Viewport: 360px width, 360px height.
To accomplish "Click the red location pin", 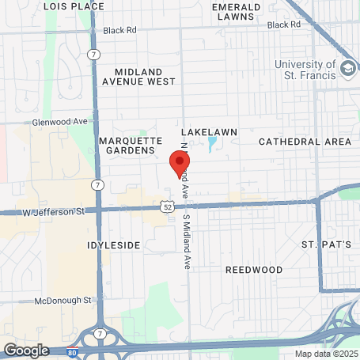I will coord(180,164).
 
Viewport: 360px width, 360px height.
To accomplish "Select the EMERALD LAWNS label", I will coord(236,12).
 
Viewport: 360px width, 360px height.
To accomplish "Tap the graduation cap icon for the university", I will coord(347,70).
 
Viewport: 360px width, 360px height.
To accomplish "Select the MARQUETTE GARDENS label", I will coord(127,146).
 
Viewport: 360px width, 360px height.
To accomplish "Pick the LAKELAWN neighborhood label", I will coord(210,131).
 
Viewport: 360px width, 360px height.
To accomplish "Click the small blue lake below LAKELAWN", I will coord(211,145).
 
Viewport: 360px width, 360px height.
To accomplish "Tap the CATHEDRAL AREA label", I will coord(305,142).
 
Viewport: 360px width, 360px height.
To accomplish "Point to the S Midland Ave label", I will coord(188,241).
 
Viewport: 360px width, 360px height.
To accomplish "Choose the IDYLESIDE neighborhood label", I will coord(113,245).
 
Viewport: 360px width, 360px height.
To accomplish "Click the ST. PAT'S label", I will coord(325,244).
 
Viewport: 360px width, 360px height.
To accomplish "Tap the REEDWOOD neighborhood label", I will coord(254,269).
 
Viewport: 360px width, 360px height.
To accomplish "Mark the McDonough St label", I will coord(64,301).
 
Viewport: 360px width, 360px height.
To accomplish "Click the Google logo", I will coord(26,350).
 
